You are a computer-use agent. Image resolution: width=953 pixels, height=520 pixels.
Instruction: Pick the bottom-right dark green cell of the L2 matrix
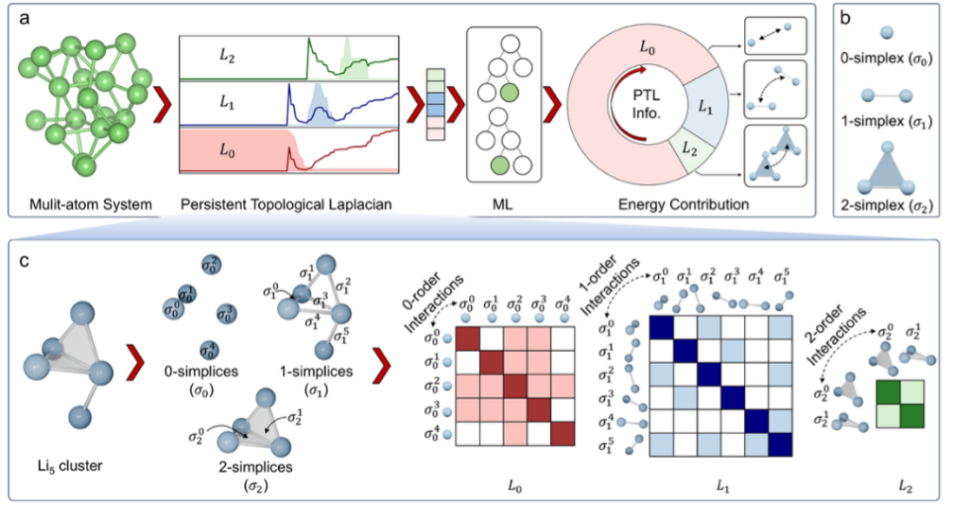pyautogui.click(x=911, y=417)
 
